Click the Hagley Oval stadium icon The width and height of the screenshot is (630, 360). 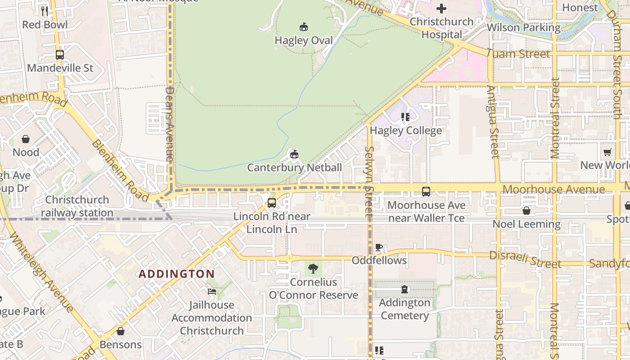point(304,27)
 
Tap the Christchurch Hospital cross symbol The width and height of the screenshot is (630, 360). point(441,9)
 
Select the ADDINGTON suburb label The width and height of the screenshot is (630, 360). point(176,274)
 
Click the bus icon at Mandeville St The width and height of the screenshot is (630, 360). point(59,55)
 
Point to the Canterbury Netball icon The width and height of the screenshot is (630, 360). point(294,154)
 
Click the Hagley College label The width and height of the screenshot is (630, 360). point(405,130)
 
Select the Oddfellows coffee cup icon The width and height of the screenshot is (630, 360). point(379,247)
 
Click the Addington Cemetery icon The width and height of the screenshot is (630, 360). point(405,289)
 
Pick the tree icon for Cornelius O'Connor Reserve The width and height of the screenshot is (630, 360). point(313,269)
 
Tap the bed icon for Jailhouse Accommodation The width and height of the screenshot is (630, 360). point(211,292)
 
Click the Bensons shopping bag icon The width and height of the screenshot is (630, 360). point(120,332)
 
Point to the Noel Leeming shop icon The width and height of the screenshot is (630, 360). point(526,211)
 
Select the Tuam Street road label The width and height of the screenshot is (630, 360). point(518,54)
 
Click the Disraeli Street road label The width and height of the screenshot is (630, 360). point(525,259)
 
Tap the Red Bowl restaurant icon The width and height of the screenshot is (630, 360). point(45,11)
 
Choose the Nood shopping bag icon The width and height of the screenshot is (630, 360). point(26,139)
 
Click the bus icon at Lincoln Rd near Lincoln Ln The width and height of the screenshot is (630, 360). point(271,203)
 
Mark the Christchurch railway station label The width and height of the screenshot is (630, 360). point(77,206)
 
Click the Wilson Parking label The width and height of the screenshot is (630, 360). point(523,27)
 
